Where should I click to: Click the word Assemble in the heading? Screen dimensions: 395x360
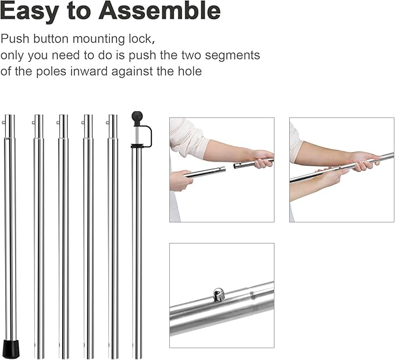click(159, 10)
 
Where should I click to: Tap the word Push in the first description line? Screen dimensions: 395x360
click(15, 39)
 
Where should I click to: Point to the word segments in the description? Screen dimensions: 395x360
click(232, 56)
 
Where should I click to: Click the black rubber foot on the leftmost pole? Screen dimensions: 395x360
click(11, 349)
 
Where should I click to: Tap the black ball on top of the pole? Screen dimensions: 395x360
click(137, 117)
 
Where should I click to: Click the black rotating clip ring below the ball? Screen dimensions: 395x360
click(137, 146)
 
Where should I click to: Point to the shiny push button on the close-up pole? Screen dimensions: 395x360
click(218, 294)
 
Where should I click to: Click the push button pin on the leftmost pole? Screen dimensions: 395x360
click(3, 123)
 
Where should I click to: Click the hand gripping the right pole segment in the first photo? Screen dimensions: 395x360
click(262, 159)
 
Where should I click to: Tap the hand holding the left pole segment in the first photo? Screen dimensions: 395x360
click(180, 180)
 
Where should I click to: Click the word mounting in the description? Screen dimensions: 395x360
click(98, 40)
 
